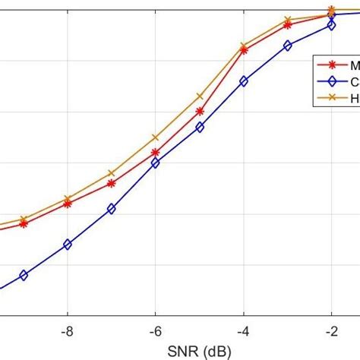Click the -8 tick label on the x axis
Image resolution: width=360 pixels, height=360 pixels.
pyautogui.click(x=68, y=331)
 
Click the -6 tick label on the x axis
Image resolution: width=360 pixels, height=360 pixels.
pyautogui.click(x=155, y=331)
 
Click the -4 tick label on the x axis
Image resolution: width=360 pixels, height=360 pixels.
pyautogui.click(x=243, y=331)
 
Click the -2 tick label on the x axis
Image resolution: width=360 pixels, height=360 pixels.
pyautogui.click(x=331, y=331)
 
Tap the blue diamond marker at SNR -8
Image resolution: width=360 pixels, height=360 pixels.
pyautogui.click(x=68, y=245)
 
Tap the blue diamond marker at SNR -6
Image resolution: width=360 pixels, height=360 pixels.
pyautogui.click(x=156, y=163)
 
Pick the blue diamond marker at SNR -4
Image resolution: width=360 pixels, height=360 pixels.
pyautogui.click(x=244, y=81)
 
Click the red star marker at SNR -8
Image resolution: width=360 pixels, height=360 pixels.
pyautogui.click(x=68, y=204)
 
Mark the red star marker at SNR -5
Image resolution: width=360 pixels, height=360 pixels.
pyautogui.click(x=200, y=111)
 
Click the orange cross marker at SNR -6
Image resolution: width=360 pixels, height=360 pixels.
pyautogui.click(x=156, y=137)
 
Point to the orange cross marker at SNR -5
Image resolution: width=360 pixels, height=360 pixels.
pyautogui.click(x=200, y=96)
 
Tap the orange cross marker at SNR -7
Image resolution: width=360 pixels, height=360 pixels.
pyautogui.click(x=112, y=173)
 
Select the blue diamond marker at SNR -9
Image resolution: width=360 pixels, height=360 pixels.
pyautogui.click(x=24, y=276)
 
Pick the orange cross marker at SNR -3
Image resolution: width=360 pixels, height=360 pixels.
pyautogui.click(x=288, y=20)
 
